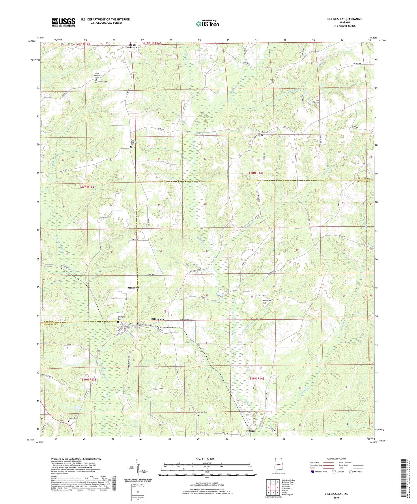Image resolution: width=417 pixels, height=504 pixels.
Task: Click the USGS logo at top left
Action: [x=63, y=22]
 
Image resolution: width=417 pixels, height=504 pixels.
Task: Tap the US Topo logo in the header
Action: [x=207, y=24]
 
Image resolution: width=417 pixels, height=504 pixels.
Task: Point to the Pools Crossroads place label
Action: [x=132, y=46]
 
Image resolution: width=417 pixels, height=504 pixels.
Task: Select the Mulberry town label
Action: [x=133, y=288]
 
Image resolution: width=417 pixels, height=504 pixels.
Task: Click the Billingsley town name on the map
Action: [x=158, y=319]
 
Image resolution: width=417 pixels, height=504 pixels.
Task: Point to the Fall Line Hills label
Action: [x=267, y=302]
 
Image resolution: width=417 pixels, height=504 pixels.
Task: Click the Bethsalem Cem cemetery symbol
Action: [x=262, y=135]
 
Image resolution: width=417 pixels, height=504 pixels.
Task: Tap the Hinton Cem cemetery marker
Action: [x=198, y=415]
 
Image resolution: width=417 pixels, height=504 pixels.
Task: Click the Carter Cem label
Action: [x=73, y=418]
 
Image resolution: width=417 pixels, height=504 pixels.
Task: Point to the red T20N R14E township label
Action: [x=256, y=173]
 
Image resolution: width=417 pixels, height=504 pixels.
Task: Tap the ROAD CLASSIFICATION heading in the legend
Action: [x=336, y=459]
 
